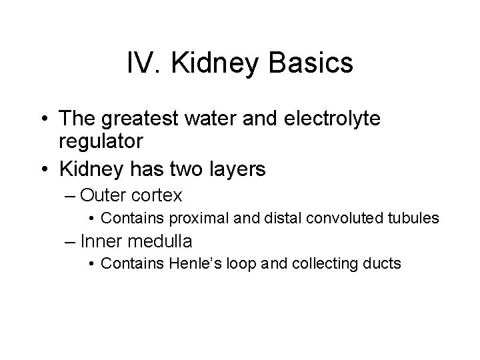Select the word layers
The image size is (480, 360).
click(x=232, y=169)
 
